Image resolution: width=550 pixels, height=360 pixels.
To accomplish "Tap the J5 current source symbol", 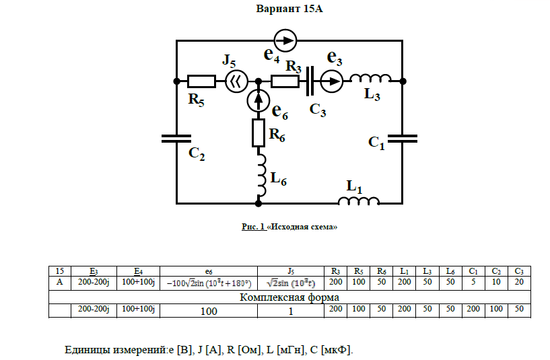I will (x=234, y=82).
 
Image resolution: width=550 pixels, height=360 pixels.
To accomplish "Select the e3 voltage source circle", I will (x=331, y=82).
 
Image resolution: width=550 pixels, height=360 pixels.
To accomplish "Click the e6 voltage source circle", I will (x=259, y=101).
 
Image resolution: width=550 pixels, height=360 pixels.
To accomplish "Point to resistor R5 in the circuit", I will (x=201, y=82).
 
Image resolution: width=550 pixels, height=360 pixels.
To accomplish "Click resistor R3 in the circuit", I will (x=285, y=82).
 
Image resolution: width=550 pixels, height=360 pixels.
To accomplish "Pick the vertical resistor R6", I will (x=259, y=133).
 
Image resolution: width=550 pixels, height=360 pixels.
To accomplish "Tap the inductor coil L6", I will (x=261, y=172).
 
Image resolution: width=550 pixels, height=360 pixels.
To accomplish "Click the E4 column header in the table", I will (x=138, y=271).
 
